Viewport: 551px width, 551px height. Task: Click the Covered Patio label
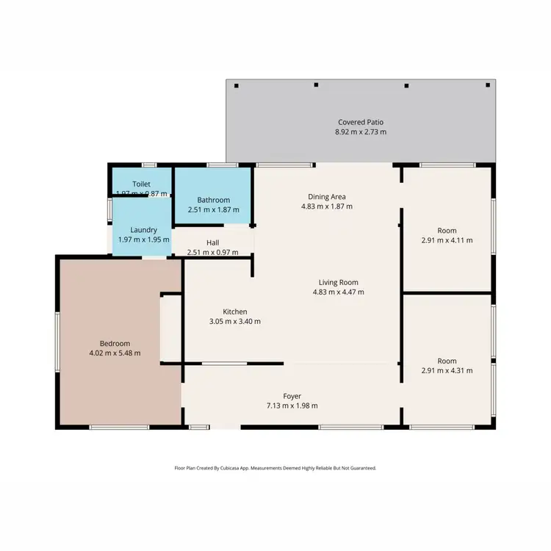click(x=361, y=122)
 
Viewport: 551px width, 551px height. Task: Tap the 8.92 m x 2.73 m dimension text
click(x=361, y=132)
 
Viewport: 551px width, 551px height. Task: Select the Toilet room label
click(x=141, y=183)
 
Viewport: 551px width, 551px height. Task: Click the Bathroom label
click(x=213, y=200)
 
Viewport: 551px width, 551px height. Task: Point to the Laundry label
click(x=143, y=230)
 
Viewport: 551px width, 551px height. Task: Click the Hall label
click(x=212, y=242)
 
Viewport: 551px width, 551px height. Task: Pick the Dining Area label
click(x=327, y=196)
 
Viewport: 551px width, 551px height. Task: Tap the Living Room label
click(x=338, y=282)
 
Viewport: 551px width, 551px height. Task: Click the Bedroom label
click(x=115, y=343)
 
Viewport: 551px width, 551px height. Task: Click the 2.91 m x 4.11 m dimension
click(x=447, y=240)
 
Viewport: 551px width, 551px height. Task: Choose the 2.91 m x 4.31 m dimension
click(x=447, y=371)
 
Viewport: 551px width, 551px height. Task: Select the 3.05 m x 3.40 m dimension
click(x=235, y=322)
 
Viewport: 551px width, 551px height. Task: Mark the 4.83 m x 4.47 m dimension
click(x=338, y=292)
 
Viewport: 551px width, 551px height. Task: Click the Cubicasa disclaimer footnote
click(x=275, y=467)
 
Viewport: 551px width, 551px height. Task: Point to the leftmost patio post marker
click(x=237, y=86)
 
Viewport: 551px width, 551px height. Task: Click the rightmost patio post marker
click(x=488, y=85)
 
